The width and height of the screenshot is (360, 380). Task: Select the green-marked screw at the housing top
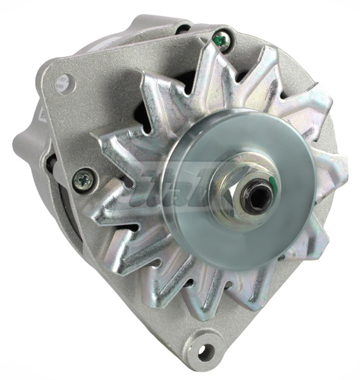220,39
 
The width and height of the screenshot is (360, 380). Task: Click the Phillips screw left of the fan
82,180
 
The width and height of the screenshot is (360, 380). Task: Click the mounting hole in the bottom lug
204,352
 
